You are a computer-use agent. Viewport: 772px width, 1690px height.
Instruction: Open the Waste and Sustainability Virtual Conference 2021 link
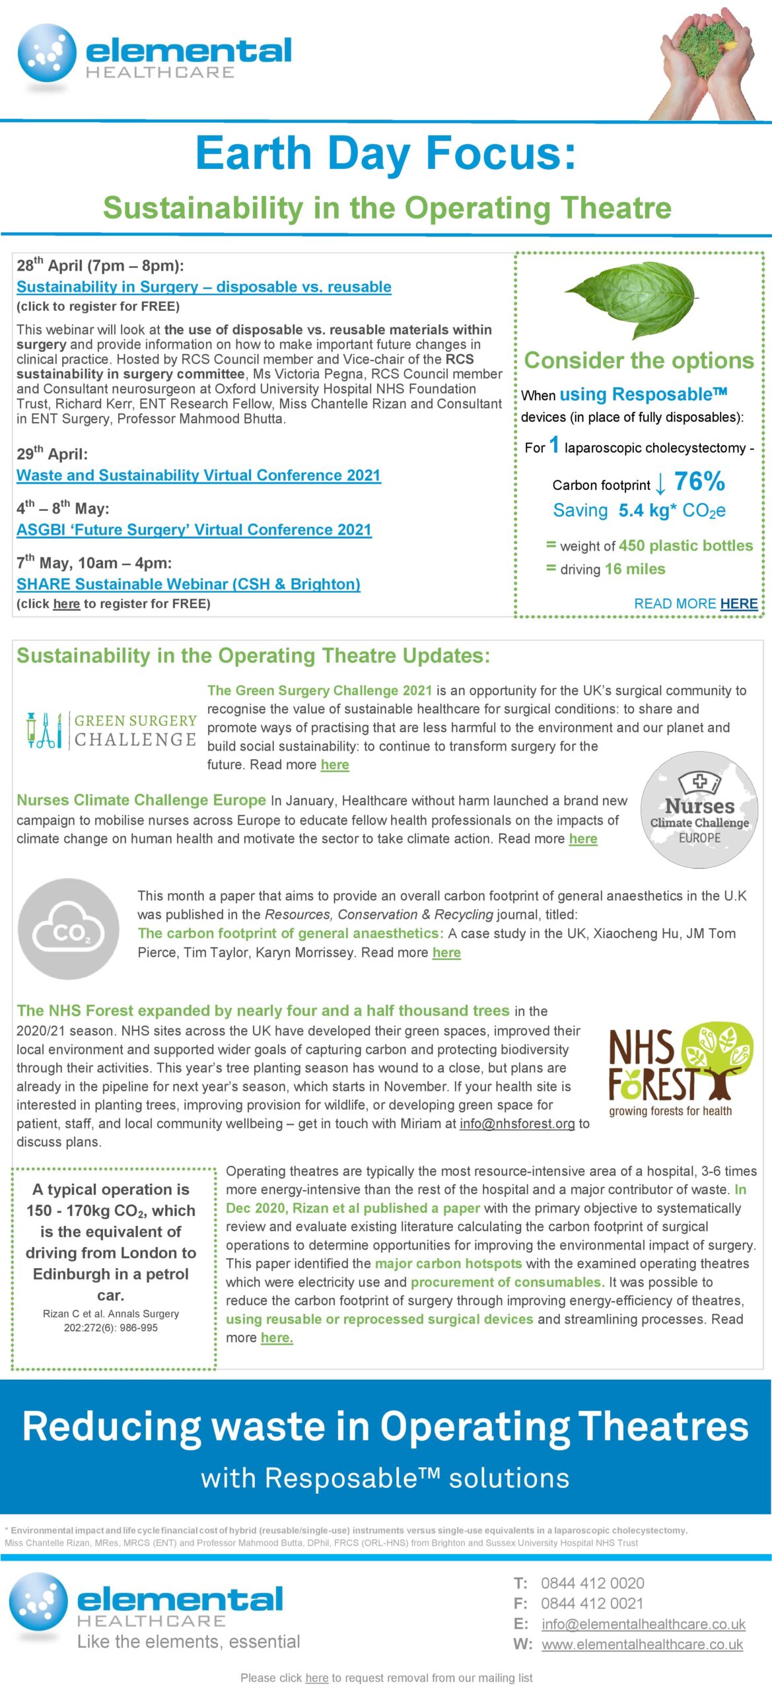tap(199, 475)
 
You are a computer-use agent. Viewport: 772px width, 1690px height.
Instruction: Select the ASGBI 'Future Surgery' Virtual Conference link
tap(194, 529)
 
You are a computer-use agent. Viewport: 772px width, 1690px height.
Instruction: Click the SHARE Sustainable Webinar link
tap(188, 584)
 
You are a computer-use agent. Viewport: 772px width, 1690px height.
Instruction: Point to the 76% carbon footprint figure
tap(699, 482)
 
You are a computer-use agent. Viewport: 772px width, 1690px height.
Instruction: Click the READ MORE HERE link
tap(695, 603)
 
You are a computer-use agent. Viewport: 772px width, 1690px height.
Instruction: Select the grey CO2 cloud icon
tap(69, 928)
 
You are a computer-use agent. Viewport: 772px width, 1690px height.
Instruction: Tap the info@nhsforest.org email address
tap(517, 1124)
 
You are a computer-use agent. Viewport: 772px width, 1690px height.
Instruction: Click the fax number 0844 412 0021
tap(592, 1603)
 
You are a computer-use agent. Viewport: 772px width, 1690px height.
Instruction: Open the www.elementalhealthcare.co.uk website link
tap(642, 1644)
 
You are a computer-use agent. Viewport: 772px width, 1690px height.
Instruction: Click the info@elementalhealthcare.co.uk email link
tap(643, 1623)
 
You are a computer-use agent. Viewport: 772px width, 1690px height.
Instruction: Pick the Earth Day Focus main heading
tap(386, 153)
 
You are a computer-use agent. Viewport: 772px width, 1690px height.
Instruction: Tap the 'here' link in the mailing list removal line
tap(316, 1677)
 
